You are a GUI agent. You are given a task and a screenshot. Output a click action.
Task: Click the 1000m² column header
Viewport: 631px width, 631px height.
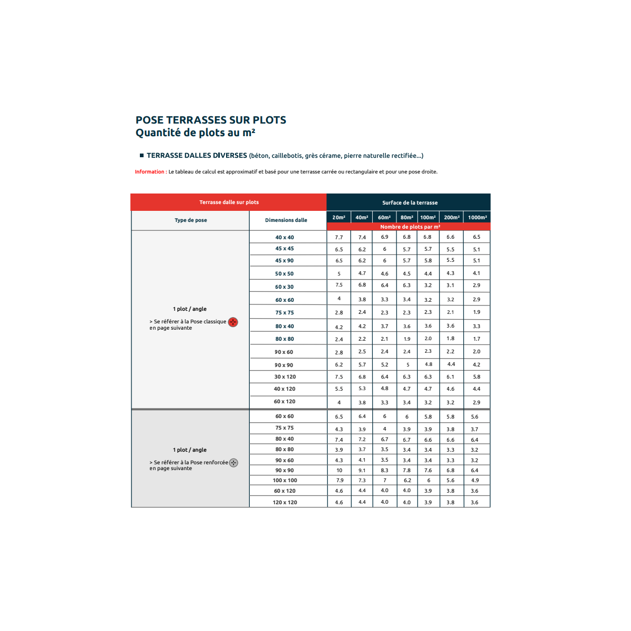(x=477, y=217)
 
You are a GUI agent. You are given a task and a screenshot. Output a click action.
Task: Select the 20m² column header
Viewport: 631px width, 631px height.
(x=339, y=217)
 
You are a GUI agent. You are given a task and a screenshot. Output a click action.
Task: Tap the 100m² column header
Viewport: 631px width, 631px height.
(x=428, y=217)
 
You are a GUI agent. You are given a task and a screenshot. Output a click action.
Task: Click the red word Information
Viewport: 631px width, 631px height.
(x=149, y=172)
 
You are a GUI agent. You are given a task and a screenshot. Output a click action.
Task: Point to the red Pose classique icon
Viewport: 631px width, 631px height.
(x=233, y=322)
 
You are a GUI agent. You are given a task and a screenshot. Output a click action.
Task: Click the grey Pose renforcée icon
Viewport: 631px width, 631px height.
(x=234, y=463)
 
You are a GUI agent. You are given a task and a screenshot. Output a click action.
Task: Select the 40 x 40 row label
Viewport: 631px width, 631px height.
(x=284, y=238)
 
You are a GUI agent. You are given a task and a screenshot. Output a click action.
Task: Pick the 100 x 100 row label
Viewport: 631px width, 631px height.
(x=284, y=481)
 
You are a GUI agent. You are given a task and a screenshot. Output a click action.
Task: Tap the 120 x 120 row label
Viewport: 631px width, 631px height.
(x=284, y=503)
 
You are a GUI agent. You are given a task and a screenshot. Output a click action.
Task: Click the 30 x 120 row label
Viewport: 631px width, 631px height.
(x=284, y=377)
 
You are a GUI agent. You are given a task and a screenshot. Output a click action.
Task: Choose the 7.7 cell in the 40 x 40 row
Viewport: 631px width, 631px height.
(x=339, y=238)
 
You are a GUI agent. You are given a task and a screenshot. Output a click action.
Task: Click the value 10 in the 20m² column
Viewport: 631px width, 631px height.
(x=339, y=471)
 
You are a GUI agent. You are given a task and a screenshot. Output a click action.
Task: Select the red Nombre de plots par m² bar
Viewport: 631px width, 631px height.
(x=410, y=227)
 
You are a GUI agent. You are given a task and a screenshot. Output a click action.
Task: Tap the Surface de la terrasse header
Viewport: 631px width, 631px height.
(x=410, y=203)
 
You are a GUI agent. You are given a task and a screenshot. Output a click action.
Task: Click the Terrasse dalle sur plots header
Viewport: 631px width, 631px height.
(x=229, y=202)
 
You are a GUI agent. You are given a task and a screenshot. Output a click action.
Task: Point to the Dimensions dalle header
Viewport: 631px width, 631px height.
(x=286, y=220)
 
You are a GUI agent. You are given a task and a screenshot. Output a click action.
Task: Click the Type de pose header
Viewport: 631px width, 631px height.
(x=190, y=220)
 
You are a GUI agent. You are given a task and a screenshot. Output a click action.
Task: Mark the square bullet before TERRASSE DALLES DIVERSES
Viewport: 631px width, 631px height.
(x=141, y=156)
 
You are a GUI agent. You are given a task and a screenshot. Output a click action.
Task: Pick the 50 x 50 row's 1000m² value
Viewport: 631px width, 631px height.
(x=476, y=273)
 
